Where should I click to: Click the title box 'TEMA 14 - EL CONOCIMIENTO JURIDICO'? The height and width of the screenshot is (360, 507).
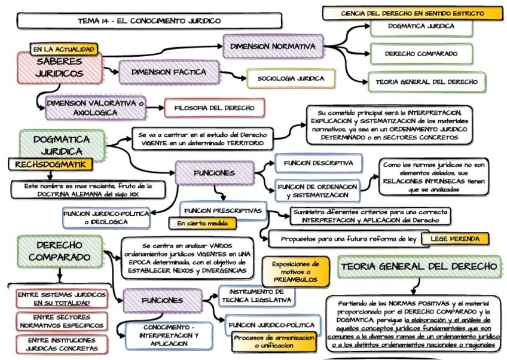click(x=149, y=21)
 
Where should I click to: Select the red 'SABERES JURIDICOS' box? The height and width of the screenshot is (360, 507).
click(x=59, y=69)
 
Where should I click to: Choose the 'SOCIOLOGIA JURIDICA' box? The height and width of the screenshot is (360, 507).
click(x=291, y=78)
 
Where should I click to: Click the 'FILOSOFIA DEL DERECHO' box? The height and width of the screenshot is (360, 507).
click(x=214, y=108)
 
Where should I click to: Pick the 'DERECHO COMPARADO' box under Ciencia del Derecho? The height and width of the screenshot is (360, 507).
click(x=420, y=53)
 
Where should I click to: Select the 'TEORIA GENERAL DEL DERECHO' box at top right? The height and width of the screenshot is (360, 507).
click(x=426, y=81)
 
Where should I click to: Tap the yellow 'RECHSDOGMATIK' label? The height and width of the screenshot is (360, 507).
click(x=51, y=164)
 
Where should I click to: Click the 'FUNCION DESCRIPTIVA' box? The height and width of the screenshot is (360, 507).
click(x=318, y=163)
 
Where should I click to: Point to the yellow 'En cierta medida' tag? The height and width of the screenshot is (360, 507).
click(x=201, y=224)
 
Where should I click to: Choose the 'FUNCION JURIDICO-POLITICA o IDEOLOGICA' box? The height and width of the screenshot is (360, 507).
click(x=106, y=217)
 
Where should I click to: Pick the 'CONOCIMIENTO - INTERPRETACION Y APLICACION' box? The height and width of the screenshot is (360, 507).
click(x=166, y=335)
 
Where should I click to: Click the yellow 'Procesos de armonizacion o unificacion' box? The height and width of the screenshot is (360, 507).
click(x=273, y=341)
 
